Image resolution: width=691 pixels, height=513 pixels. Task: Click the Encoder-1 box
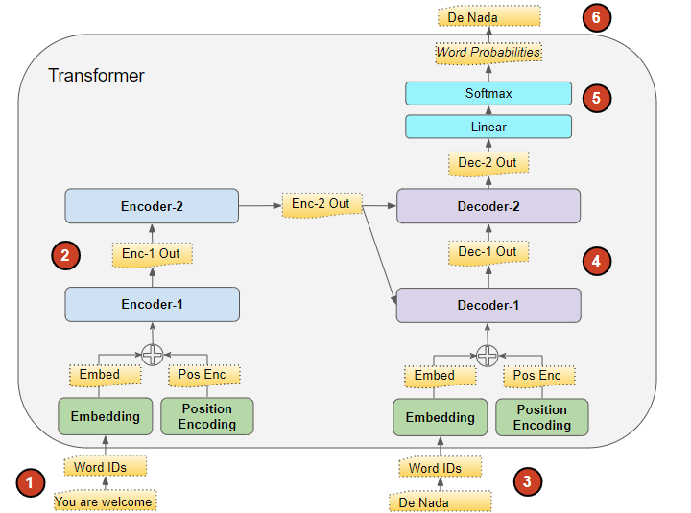pyautogui.click(x=152, y=304)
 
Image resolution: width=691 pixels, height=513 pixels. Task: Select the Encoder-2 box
pyautogui.click(x=152, y=205)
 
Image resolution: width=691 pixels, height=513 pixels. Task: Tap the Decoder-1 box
pyautogui.click(x=488, y=305)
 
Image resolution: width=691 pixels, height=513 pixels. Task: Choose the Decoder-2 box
pyautogui.click(x=488, y=205)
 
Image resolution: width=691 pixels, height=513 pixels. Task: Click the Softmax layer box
pyautogui.click(x=488, y=93)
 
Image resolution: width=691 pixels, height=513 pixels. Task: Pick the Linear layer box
pyautogui.click(x=488, y=127)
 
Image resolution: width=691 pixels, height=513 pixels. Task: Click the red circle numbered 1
pyautogui.click(x=31, y=482)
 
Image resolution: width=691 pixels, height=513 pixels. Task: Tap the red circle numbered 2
pyautogui.click(x=64, y=255)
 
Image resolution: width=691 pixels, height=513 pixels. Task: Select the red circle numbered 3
pyautogui.click(x=526, y=481)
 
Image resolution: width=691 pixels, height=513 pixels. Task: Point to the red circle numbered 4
pyautogui.click(x=597, y=260)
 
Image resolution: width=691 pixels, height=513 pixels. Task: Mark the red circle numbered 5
pyautogui.click(x=597, y=97)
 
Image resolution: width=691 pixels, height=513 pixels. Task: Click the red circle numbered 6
pyautogui.click(x=597, y=18)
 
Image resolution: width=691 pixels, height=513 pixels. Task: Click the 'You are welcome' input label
pyautogui.click(x=104, y=501)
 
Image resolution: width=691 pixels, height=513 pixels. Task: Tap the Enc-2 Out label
pyautogui.click(x=321, y=204)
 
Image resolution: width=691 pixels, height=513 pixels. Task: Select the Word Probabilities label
pyautogui.click(x=488, y=53)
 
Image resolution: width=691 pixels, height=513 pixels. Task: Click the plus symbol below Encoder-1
pyautogui.click(x=152, y=355)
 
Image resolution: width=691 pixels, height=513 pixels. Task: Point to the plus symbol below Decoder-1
pyautogui.click(x=488, y=355)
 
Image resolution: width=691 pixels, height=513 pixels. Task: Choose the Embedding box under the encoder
pyautogui.click(x=105, y=416)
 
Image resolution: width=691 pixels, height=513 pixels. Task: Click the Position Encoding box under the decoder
pyautogui.click(x=541, y=417)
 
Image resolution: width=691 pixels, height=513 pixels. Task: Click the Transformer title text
pyautogui.click(x=96, y=75)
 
